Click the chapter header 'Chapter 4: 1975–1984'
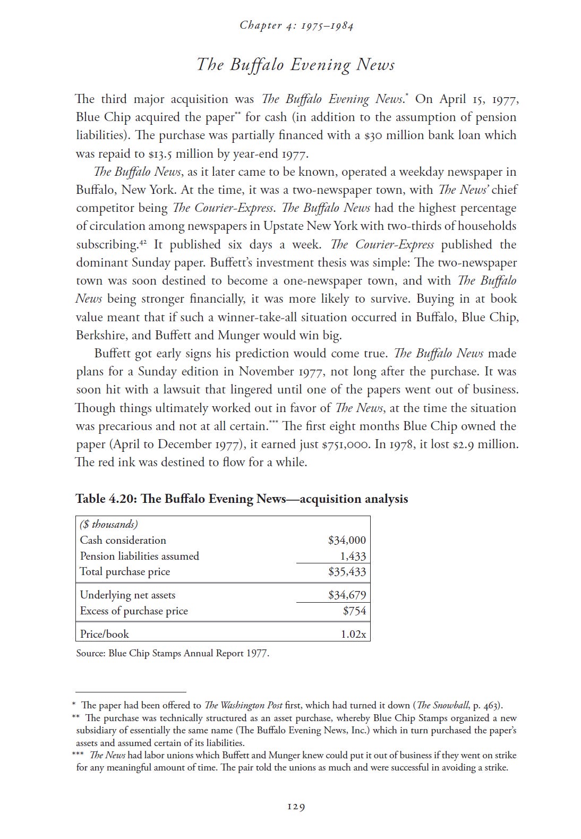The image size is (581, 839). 296,25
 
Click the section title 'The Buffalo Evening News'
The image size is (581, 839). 296,65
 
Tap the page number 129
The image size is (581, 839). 296,807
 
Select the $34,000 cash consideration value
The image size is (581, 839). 347,540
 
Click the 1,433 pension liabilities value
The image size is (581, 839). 353,556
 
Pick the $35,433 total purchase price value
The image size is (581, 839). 347,572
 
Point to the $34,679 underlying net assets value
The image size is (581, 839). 347,595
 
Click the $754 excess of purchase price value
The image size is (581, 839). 354,611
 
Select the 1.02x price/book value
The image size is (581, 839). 353,634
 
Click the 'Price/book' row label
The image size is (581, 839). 104,634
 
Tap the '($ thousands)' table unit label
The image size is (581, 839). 109,525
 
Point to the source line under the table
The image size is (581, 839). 173,653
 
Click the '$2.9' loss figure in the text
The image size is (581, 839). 463,444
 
